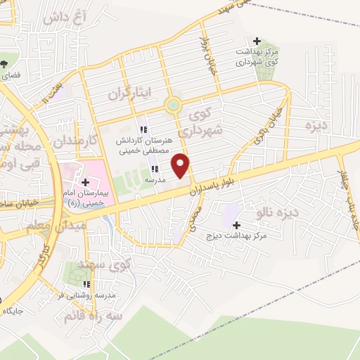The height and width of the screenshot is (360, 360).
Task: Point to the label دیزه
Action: point(317,125)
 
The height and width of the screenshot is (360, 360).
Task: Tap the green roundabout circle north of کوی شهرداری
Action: point(173,106)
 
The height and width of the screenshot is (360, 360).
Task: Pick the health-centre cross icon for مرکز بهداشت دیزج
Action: point(236,224)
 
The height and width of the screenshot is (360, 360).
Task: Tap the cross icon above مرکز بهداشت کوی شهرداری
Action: point(257,41)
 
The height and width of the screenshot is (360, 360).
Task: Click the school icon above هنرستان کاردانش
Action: point(143,129)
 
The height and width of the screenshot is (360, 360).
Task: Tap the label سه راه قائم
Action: point(91,314)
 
